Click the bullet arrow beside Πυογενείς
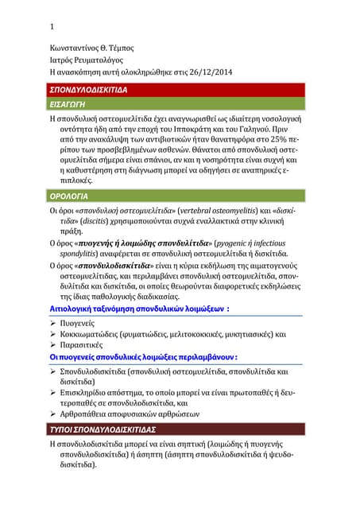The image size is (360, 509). pyautogui.click(x=53, y=323)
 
